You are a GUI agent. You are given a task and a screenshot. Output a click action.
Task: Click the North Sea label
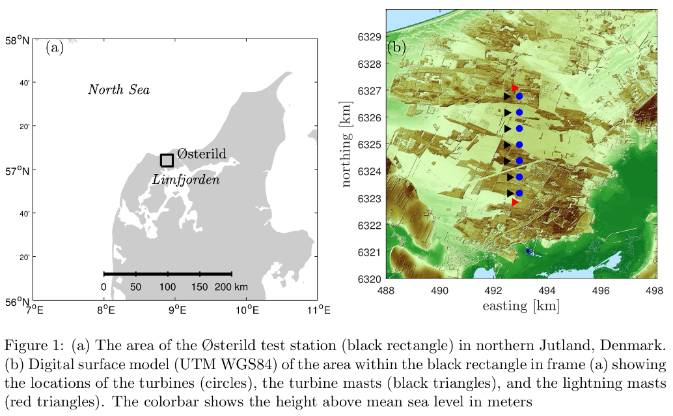[118, 89]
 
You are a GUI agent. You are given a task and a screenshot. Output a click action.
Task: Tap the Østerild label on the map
[202, 154]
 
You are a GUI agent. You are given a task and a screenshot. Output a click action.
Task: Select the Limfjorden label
[185, 179]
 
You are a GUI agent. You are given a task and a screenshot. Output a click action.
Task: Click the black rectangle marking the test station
[167, 160]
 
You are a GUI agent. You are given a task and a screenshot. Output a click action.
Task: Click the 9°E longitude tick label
[176, 310]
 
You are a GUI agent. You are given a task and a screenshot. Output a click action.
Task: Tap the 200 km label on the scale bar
[232, 287]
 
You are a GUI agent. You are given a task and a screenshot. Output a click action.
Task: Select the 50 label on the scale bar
[135, 287]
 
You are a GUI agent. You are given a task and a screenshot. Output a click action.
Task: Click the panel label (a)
[55, 48]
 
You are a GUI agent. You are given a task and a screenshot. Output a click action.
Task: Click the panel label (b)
[396, 47]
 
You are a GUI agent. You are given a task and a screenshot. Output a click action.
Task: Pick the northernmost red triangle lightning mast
[515, 88]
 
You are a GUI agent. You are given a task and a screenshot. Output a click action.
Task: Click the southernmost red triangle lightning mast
[515, 202]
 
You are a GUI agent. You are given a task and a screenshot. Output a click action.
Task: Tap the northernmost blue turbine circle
[519, 97]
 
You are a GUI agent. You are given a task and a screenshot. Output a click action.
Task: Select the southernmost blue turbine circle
[519, 193]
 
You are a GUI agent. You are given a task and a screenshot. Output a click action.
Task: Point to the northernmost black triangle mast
[508, 96]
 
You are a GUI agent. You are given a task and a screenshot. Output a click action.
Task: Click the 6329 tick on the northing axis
[369, 37]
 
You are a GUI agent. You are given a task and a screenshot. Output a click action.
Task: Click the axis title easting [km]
[520, 305]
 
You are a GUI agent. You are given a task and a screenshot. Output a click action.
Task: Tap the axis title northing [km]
[346, 147]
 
